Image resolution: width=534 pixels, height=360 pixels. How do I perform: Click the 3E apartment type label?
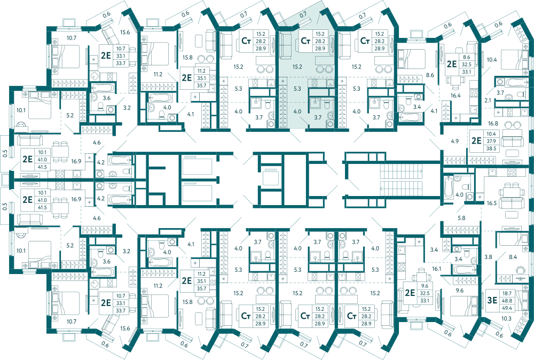pyautogui.click(x=492, y=300)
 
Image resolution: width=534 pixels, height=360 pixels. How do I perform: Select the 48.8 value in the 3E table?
pyautogui.click(x=507, y=301)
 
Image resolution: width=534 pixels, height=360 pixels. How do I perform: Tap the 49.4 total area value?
pyautogui.click(x=507, y=308)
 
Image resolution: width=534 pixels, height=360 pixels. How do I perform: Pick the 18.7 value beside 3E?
pyautogui.click(x=507, y=293)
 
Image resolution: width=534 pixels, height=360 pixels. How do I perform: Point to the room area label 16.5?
pyautogui.click(x=492, y=203)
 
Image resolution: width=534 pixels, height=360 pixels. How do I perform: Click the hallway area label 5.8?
pyautogui.click(x=461, y=218)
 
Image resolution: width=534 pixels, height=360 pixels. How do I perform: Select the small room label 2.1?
pyautogui.click(x=488, y=100)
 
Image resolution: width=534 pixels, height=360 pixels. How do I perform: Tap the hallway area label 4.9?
pyautogui.click(x=454, y=141)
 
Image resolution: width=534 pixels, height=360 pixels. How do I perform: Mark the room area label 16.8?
pyautogui.click(x=493, y=123)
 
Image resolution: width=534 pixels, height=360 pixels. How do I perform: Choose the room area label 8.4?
pyautogui.click(x=513, y=257)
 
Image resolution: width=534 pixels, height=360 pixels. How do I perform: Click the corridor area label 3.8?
pyautogui.click(x=489, y=257)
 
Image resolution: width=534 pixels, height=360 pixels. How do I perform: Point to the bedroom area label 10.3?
pyautogui.click(x=506, y=319)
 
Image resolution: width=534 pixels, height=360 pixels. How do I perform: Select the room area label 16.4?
pyautogui.click(x=456, y=96)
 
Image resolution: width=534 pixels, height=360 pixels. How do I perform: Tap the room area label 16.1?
pyautogui.click(x=437, y=269)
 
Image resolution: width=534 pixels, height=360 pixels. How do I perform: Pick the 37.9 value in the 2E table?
pyautogui.click(x=491, y=142)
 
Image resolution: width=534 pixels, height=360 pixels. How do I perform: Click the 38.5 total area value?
pyautogui.click(x=491, y=148)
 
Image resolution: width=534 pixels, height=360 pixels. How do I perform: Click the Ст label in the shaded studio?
pyautogui.click(x=305, y=41)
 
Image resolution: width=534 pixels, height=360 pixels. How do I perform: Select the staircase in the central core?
pyautogui.click(x=401, y=179)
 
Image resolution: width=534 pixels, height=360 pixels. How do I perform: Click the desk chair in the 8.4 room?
pyautogui.click(x=520, y=270)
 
